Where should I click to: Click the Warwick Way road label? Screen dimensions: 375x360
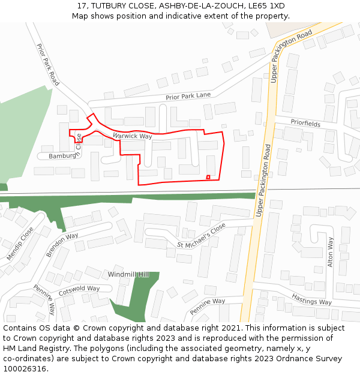pos(132,136)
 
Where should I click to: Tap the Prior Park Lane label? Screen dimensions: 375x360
pos(188,96)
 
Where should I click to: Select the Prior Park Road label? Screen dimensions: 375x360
pos(48,65)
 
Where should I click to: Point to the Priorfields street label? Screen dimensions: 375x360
pos(305,124)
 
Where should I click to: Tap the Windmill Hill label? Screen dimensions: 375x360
pos(128,274)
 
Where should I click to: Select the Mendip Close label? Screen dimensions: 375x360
pos(20,244)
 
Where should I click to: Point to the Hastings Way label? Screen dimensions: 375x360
pos(311,298)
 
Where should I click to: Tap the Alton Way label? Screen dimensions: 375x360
pos(329,252)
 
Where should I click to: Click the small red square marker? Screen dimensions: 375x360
pos(208,176)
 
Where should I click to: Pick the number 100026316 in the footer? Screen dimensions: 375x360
pos(24,369)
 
